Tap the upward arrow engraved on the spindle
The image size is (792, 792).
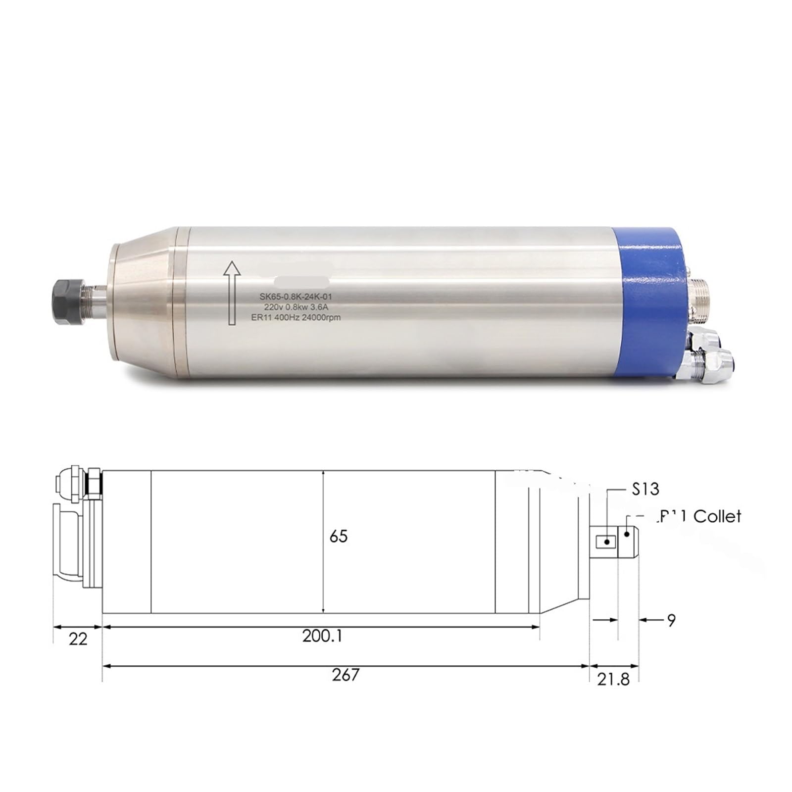[x=232, y=293]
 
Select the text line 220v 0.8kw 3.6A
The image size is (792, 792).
[x=296, y=307]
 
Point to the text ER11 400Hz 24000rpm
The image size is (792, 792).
[x=296, y=317]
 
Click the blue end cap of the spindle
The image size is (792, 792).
[x=648, y=303]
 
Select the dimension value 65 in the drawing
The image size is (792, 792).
[x=339, y=536]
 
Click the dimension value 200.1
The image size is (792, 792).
[x=322, y=636]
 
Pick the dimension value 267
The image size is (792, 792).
[x=345, y=675]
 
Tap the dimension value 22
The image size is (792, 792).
[x=78, y=640]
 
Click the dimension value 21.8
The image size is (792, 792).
[x=613, y=680]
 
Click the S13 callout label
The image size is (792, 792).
[x=645, y=490]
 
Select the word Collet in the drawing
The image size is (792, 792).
[x=717, y=517]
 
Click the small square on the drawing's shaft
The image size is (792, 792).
[x=604, y=542]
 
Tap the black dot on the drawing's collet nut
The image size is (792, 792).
[x=627, y=534]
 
